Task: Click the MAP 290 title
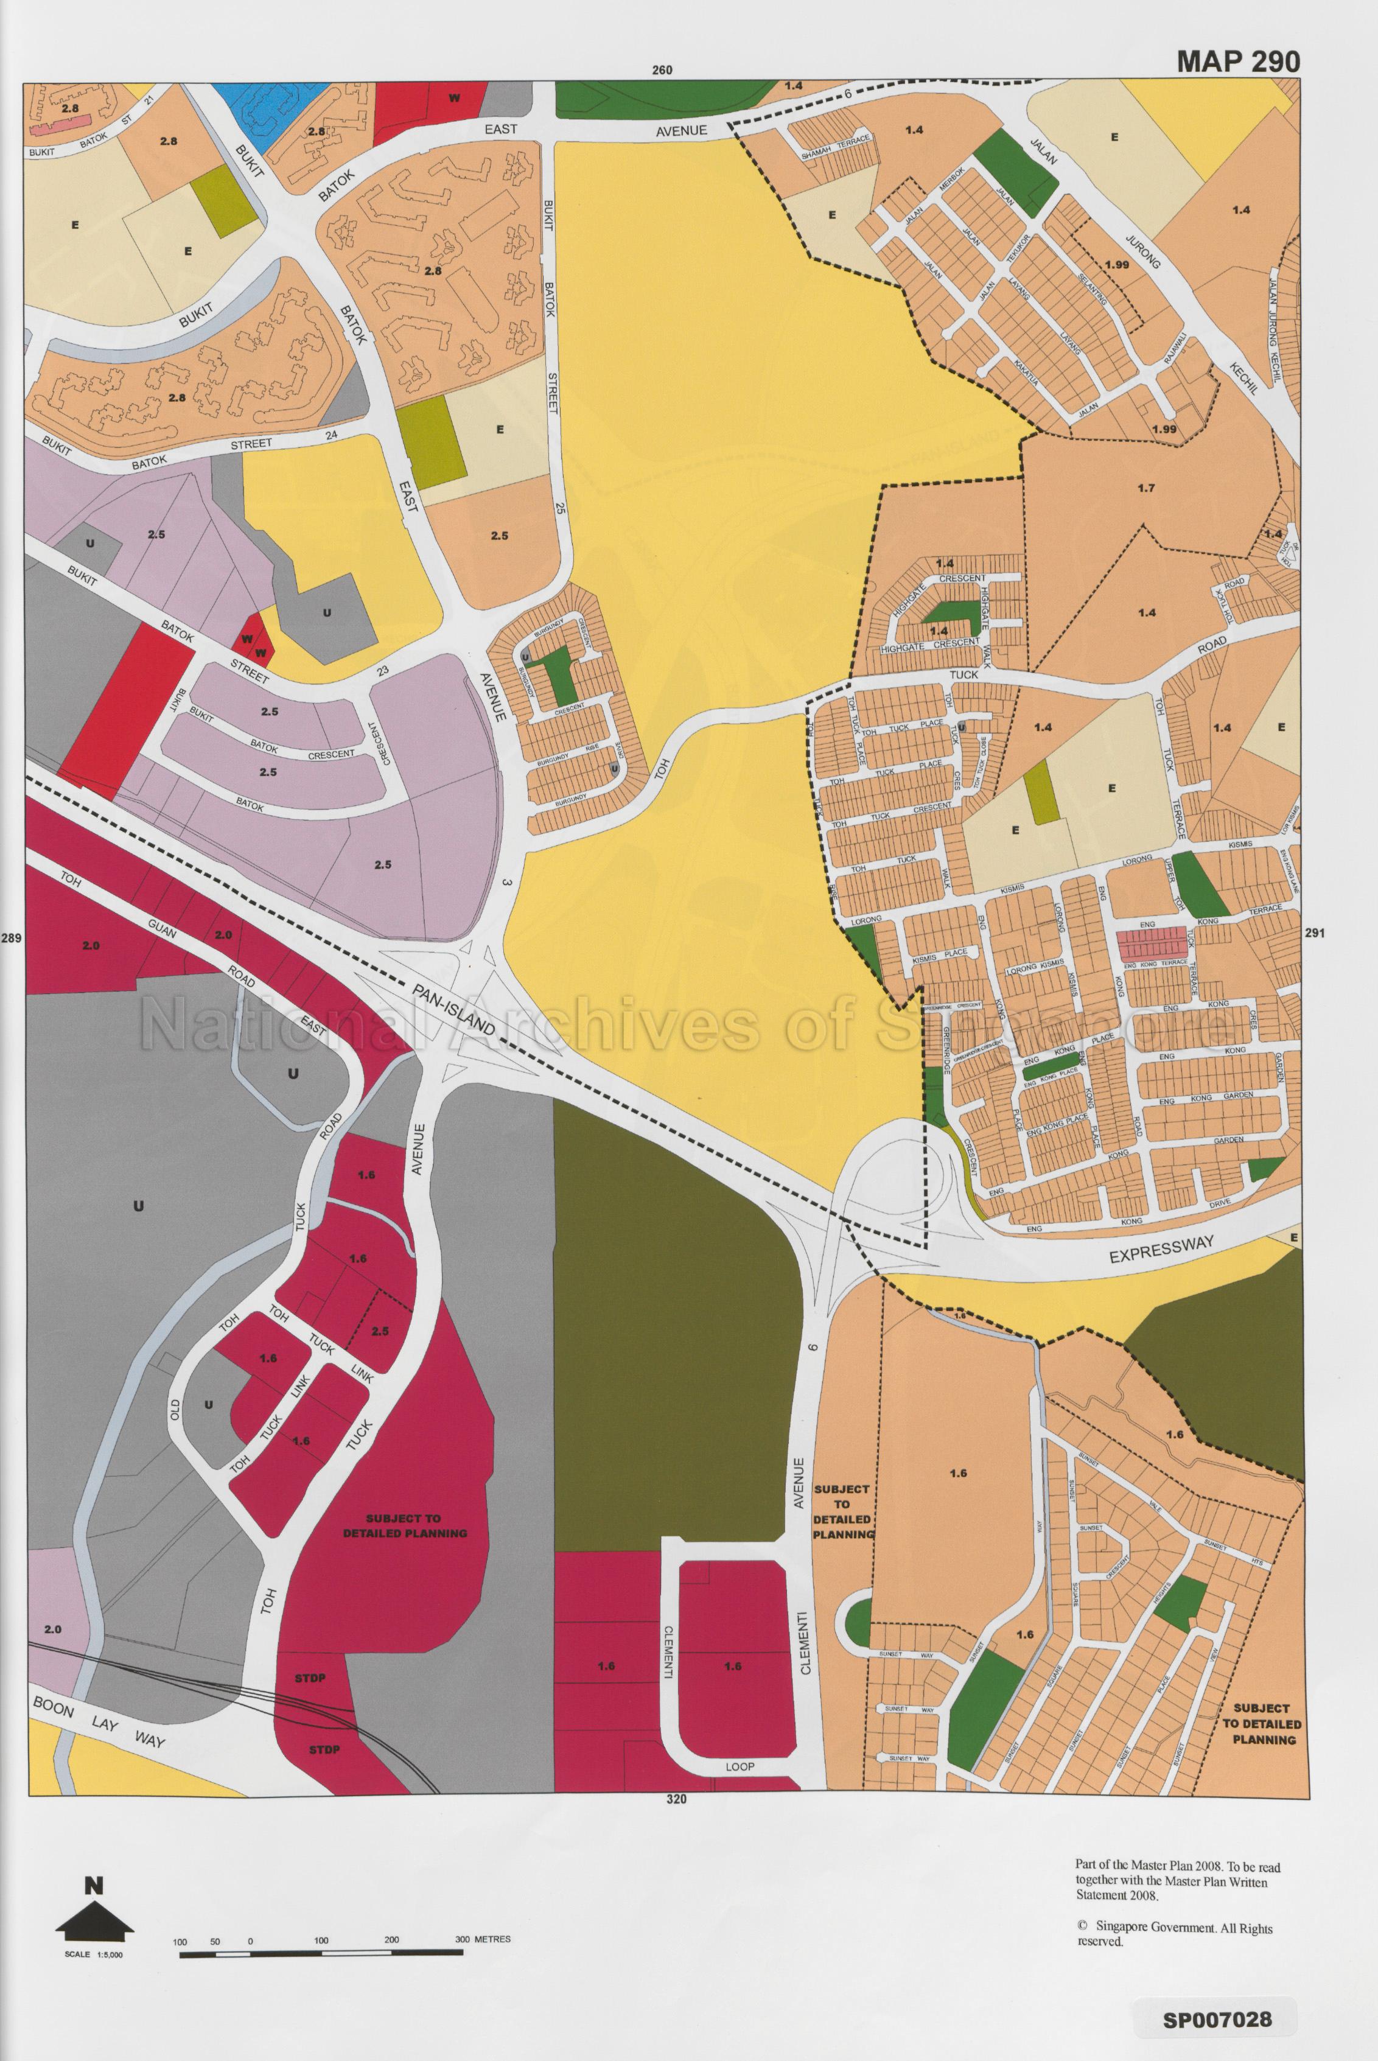1238,61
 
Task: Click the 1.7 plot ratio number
1144,488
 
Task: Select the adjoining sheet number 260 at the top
663,71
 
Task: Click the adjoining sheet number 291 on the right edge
1314,934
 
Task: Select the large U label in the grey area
138,1207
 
